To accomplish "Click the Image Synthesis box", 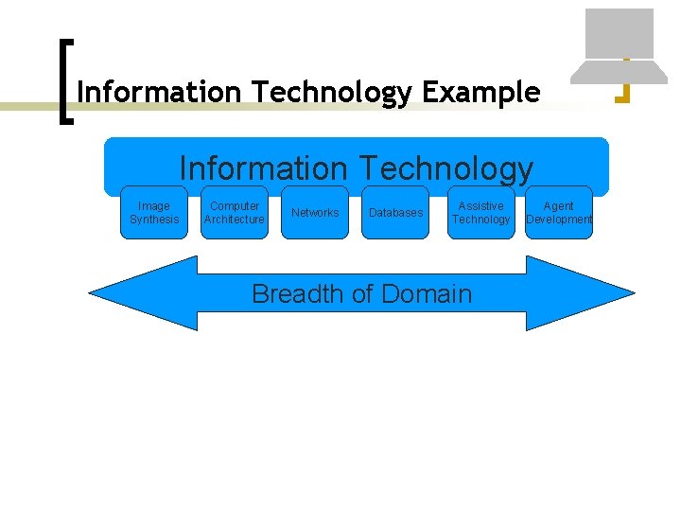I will pyautogui.click(x=154, y=212).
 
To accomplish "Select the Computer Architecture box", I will pyautogui.click(x=235, y=212).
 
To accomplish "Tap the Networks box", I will pyautogui.click(x=315, y=212).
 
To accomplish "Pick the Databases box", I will pyautogui.click(x=395, y=212).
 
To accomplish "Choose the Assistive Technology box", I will pyautogui.click(x=480, y=212).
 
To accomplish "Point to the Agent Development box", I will pyautogui.click(x=559, y=212).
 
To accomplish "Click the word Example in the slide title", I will pyautogui.click(x=481, y=93).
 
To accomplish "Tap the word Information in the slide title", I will pyautogui.click(x=161, y=93).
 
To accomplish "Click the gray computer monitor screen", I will pyautogui.click(x=620, y=33).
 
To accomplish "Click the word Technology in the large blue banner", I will pyautogui.click(x=444, y=168).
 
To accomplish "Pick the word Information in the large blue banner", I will pyautogui.click(x=264, y=168).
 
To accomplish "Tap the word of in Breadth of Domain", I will pyautogui.click(x=361, y=294).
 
